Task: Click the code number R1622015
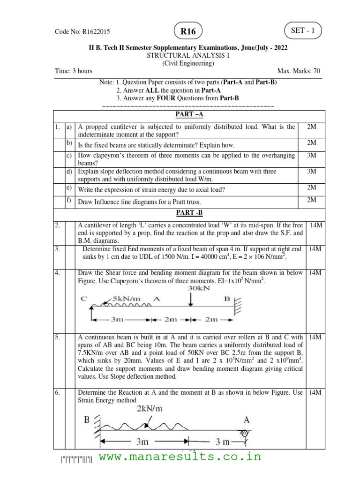83,32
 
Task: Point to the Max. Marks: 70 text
299,71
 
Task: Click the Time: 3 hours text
74,71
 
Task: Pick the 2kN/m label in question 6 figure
150,408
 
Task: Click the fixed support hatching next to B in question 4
238,307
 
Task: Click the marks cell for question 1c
311,155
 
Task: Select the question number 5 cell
58,337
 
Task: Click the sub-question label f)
69,201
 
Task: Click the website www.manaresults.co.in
180,457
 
